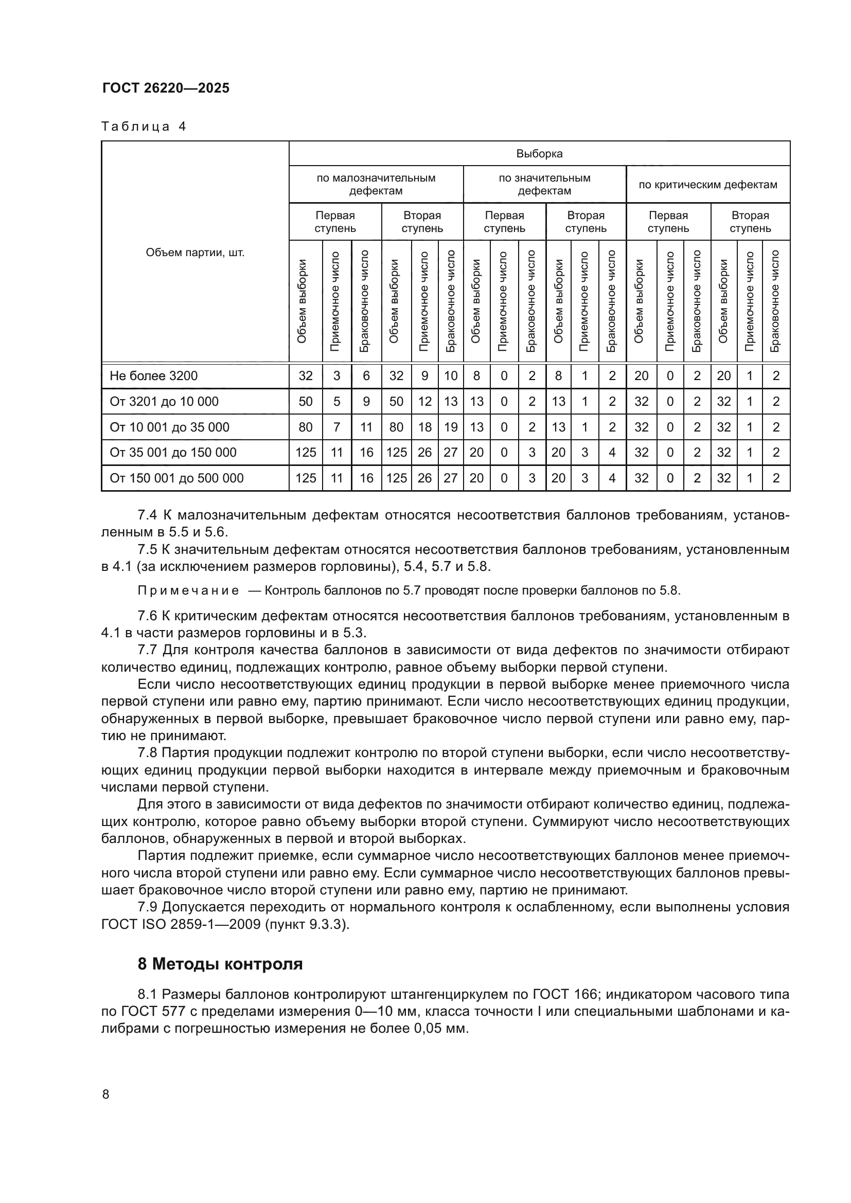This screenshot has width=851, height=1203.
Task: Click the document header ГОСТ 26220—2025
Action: pyautogui.click(x=166, y=88)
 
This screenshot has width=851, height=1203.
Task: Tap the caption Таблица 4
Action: pyautogui.click(x=144, y=127)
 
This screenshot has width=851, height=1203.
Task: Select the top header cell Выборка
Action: pyautogui.click(x=539, y=153)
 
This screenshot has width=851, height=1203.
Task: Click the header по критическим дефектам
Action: pyautogui.click(x=707, y=185)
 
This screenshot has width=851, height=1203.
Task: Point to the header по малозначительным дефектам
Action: pyautogui.click(x=376, y=185)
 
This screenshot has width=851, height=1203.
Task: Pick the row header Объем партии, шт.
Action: pyautogui.click(x=195, y=253)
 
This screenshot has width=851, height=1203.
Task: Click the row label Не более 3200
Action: pyautogui.click(x=153, y=375)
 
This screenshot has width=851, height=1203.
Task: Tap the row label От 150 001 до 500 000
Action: pyautogui.click(x=176, y=478)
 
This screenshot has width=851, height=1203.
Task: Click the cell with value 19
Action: pyautogui.click(x=451, y=427)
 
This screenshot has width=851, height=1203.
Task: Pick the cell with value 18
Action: pyautogui.click(x=424, y=427)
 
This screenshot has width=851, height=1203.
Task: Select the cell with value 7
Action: pyautogui.click(x=336, y=427)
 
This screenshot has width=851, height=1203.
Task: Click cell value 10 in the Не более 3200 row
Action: pyautogui.click(x=451, y=375)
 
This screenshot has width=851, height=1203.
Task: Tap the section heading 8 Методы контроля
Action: pyautogui.click(x=220, y=964)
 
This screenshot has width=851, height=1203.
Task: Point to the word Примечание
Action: pyautogui.click(x=188, y=591)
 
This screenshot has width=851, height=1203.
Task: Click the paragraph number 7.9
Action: pyautogui.click(x=147, y=907)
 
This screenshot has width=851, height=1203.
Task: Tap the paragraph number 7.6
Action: pyautogui.click(x=147, y=616)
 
